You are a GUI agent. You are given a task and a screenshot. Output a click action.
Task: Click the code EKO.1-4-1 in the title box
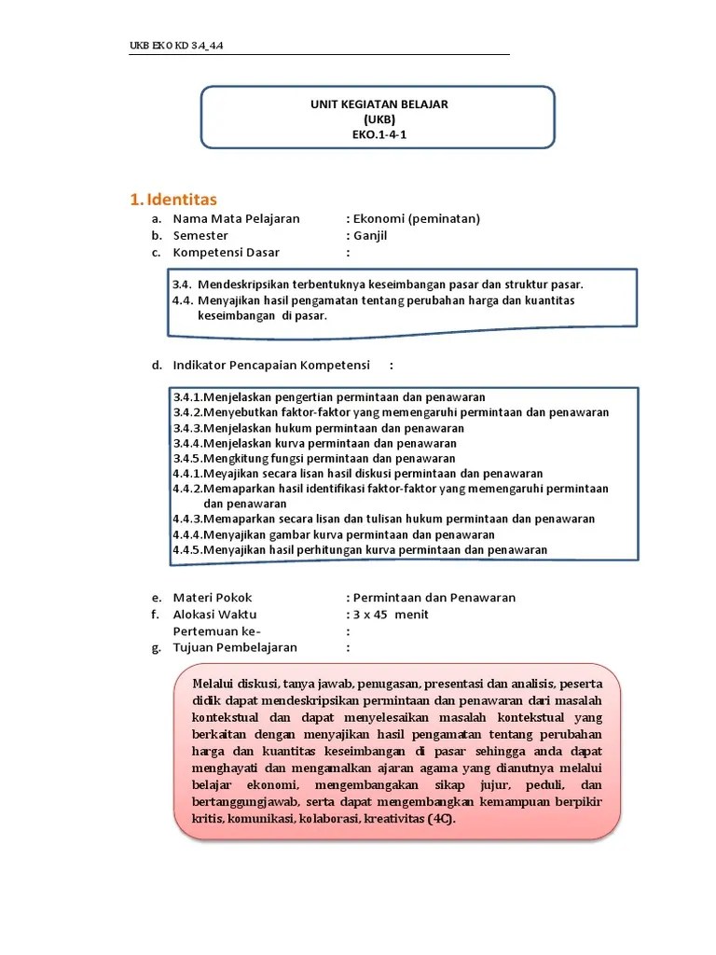[379, 134]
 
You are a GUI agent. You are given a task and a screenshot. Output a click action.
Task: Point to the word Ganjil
[370, 236]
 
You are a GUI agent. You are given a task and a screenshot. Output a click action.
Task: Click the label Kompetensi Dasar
[226, 253]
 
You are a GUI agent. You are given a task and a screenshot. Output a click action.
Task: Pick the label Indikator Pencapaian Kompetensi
[271, 364]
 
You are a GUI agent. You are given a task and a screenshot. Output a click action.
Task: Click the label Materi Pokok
[213, 598]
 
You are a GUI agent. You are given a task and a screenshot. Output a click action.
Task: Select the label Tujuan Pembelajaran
[235, 647]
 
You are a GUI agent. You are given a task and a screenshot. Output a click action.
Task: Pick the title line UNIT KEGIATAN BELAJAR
[379, 104]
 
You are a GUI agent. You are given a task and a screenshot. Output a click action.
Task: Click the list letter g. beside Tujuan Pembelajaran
[157, 648]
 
